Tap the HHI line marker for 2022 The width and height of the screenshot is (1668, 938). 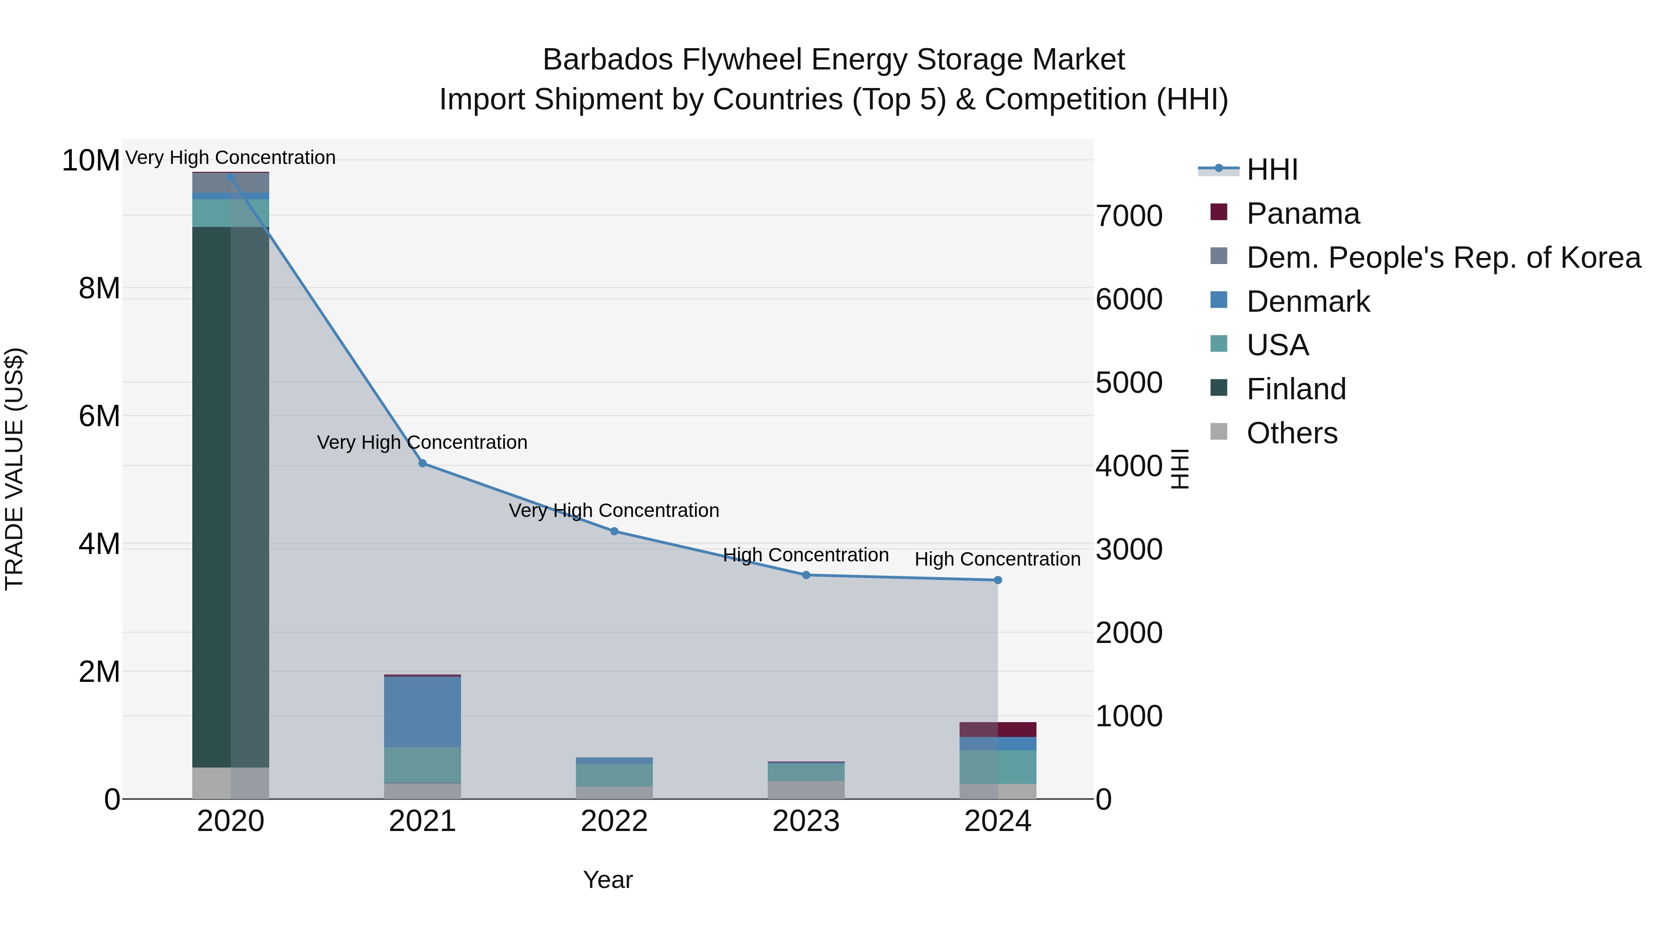click(x=614, y=531)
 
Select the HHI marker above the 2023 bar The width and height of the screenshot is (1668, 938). click(x=806, y=575)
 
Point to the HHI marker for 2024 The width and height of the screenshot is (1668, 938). click(x=998, y=580)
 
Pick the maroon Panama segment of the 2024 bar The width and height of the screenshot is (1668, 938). click(x=998, y=730)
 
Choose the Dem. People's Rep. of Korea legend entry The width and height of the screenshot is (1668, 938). click(x=1443, y=258)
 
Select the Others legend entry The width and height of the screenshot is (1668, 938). click(x=1291, y=433)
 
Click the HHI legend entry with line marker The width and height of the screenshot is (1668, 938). click(x=1272, y=170)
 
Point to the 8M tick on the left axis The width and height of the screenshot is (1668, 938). click(x=99, y=289)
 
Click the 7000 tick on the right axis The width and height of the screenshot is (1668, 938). click(x=1129, y=216)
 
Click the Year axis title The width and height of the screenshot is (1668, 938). click(x=607, y=880)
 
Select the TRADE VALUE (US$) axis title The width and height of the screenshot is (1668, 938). click(x=14, y=469)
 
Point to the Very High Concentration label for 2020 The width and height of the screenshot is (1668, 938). click(x=231, y=157)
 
